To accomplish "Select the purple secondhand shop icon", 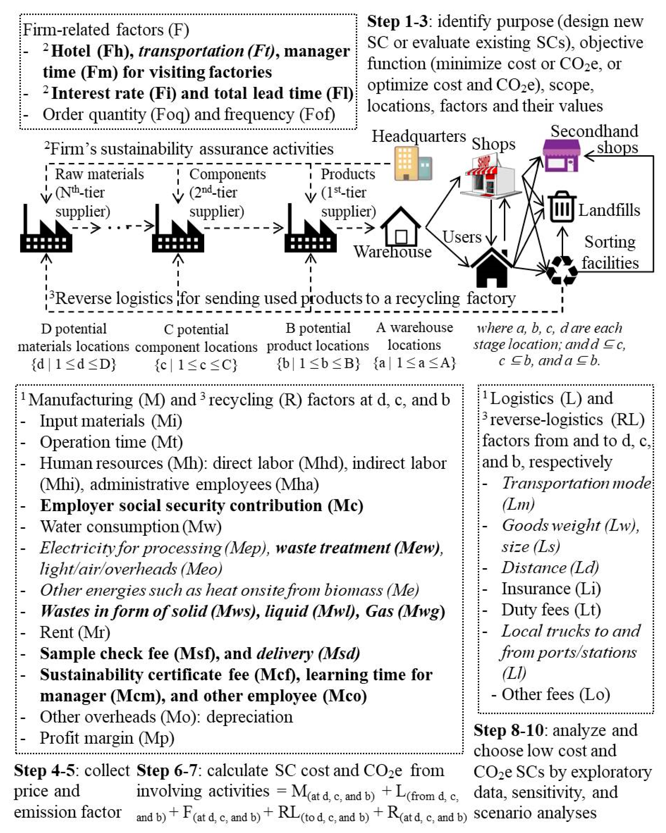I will pos(561,155).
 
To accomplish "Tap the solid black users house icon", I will pos(491,269).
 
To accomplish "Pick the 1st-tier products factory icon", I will pos(310,232).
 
